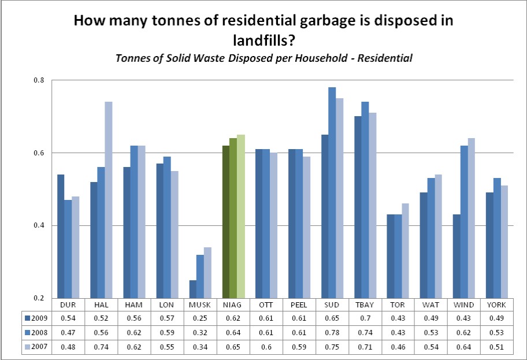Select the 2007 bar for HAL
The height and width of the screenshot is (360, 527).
click(108, 199)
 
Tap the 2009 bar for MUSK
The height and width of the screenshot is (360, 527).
click(192, 289)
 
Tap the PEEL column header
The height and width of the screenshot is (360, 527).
click(298, 305)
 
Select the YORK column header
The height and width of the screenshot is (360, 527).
click(496, 305)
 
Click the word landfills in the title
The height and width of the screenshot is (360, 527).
click(263, 41)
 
